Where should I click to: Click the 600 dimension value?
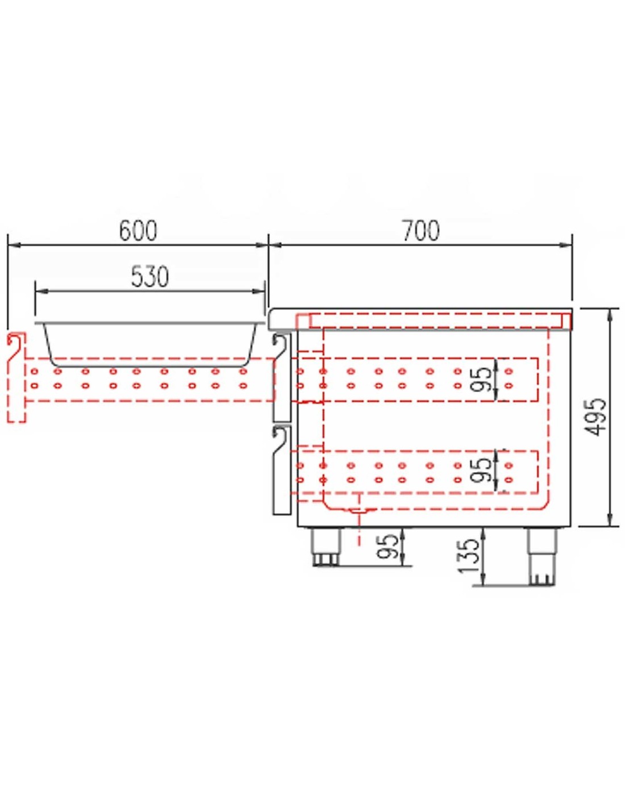138,231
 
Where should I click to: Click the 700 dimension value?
421,231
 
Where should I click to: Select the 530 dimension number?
150,277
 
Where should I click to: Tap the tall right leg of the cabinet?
543,557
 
